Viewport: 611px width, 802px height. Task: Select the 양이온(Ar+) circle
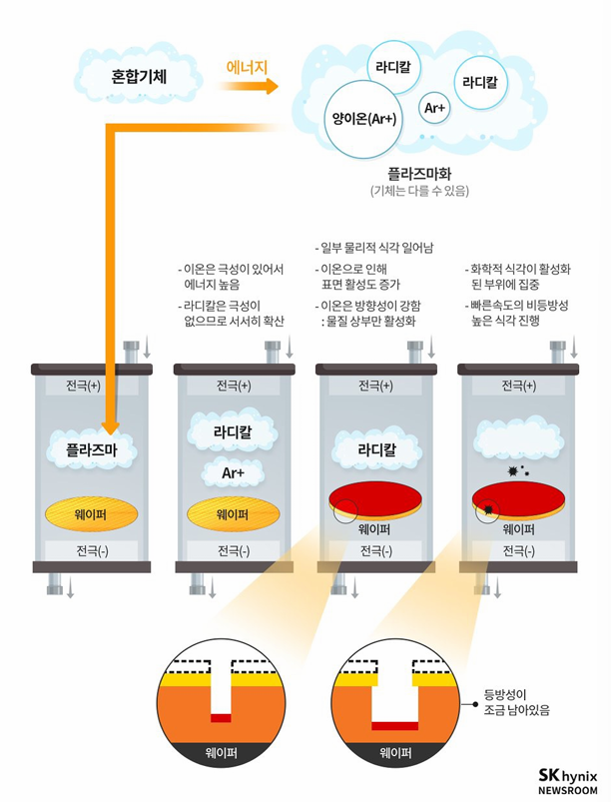pos(363,120)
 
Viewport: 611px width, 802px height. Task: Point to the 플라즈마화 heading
pos(419,172)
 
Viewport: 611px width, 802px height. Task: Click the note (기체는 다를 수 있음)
pos(419,190)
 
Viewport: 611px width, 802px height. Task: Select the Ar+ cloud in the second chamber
pos(233,471)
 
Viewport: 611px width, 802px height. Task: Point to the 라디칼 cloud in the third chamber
pos(375,449)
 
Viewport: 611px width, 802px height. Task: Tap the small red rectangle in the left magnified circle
pos(221,718)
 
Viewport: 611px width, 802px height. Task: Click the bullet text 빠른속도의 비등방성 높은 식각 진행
pos(518,313)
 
